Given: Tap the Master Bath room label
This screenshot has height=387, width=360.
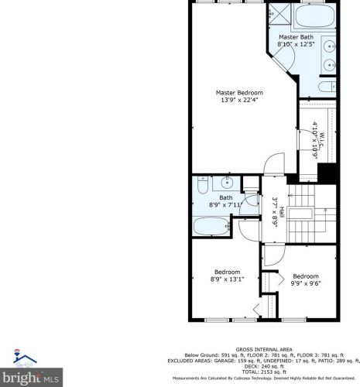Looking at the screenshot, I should [x=296, y=37].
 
